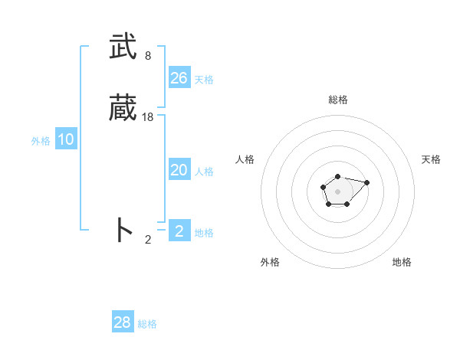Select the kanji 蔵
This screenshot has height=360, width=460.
click(x=123, y=108)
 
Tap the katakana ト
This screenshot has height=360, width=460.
click(x=123, y=230)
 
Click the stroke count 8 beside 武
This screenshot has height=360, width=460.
click(x=148, y=56)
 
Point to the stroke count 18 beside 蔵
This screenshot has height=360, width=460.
click(x=148, y=117)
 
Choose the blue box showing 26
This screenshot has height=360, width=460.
click(x=179, y=78)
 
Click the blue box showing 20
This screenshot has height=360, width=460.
click(x=179, y=170)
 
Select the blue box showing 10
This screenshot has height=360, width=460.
click(x=66, y=139)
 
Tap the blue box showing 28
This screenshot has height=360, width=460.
click(x=123, y=322)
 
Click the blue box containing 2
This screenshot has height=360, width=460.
click(x=179, y=231)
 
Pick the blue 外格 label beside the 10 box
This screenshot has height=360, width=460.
click(x=41, y=141)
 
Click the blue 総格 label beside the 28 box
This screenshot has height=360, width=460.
click(x=147, y=324)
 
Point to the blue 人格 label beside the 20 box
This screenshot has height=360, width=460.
click(x=205, y=172)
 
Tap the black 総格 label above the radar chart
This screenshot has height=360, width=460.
click(x=338, y=100)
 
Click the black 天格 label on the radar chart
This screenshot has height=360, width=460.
click(x=432, y=159)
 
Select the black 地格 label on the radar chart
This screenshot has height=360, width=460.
click(x=402, y=262)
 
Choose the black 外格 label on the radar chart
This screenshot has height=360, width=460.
click(x=270, y=262)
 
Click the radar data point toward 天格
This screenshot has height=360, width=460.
click(x=366, y=182)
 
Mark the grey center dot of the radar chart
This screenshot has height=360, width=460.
click(x=338, y=191)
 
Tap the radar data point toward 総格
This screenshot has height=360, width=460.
click(x=338, y=177)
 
